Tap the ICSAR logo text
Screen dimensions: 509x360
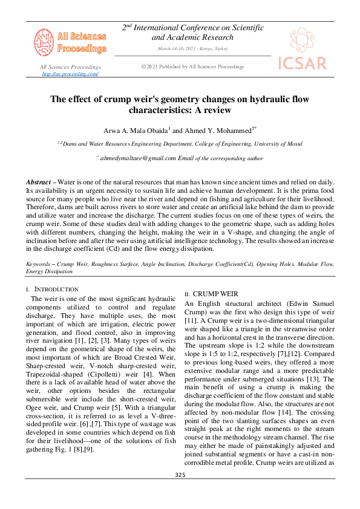click(301, 63)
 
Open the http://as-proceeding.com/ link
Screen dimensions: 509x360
click(70, 74)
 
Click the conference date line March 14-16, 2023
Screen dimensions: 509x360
click(192, 48)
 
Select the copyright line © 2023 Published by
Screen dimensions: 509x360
click(192, 66)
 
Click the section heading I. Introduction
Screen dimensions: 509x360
click(52, 290)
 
